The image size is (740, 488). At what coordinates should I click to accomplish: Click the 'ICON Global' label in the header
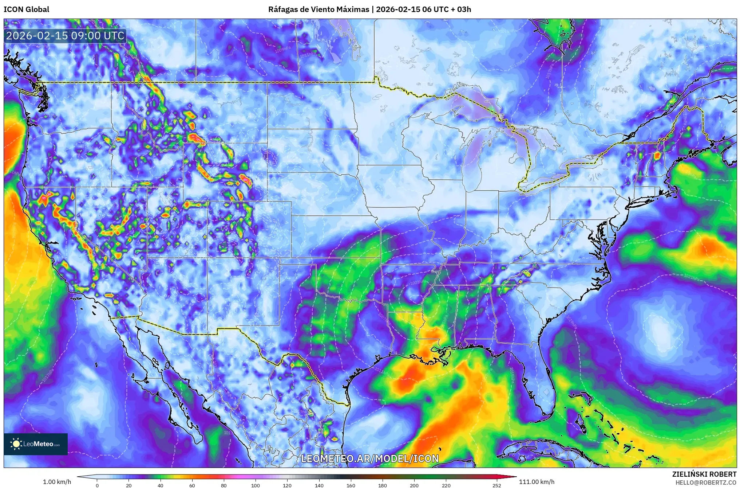(26, 9)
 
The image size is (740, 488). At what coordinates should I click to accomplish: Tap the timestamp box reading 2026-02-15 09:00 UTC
(66, 36)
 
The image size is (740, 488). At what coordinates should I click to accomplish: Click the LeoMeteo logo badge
(36, 444)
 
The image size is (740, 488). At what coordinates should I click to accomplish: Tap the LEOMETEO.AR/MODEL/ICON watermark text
(370, 458)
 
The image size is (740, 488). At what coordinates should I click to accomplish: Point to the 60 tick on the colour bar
(192, 485)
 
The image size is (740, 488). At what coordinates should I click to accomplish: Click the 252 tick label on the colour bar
(496, 485)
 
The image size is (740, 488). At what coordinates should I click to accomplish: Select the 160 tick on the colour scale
(351, 485)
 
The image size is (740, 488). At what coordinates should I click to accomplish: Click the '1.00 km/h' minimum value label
(57, 482)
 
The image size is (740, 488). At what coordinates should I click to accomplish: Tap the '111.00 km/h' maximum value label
(537, 482)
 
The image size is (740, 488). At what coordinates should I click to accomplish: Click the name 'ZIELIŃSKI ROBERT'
(704, 474)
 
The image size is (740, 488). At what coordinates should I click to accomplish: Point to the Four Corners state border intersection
(208, 258)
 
